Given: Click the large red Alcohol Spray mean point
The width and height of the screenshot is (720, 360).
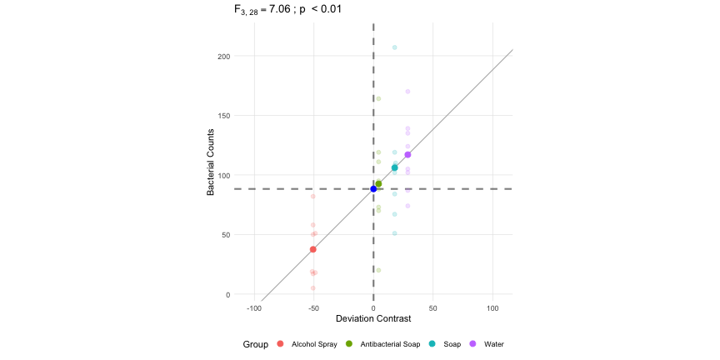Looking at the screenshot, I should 313,249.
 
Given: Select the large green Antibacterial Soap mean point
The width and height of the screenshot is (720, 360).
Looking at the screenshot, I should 378,183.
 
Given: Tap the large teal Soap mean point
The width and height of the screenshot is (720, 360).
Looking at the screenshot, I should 395,168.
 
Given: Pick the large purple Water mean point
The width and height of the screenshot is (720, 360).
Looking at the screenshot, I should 407,155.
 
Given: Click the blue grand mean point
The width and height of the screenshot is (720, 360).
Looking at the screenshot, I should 373,189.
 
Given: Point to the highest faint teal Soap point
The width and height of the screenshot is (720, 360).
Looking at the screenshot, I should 395,47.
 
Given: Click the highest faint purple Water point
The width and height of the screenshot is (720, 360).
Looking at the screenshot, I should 407,92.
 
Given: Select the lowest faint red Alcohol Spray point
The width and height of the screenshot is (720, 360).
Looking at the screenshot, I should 313,288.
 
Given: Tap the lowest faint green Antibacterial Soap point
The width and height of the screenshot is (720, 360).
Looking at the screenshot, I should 378,270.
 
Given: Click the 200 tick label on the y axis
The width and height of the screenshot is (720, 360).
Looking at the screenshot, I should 223,57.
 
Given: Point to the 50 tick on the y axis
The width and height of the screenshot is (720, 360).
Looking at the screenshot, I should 225,235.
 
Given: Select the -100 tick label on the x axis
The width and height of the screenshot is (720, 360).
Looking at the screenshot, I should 253,307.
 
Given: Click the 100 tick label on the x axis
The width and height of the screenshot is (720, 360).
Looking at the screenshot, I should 492,307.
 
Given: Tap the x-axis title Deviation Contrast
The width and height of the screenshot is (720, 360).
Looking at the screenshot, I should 372,319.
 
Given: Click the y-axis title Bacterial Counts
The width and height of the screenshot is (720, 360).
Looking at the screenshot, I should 212,162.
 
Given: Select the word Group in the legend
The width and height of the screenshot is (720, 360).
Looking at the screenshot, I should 255,344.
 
